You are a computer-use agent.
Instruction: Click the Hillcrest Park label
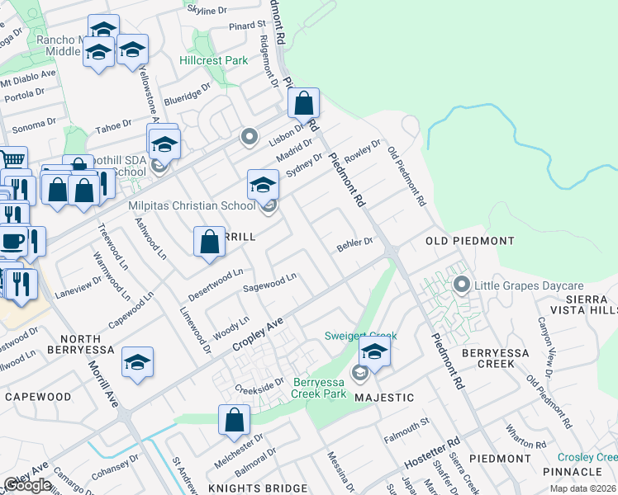coord(214,60)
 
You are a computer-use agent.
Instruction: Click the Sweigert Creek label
coord(360,337)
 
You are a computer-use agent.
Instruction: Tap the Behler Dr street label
coord(355,245)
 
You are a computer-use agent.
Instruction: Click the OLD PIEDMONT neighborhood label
coord(469,241)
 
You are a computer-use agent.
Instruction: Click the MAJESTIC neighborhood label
coord(384,398)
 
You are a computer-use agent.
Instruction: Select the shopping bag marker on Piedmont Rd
coord(304,104)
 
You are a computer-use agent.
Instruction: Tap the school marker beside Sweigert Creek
coord(375,353)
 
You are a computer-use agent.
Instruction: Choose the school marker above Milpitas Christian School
coord(263,184)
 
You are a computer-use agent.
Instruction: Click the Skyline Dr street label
coord(207,10)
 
